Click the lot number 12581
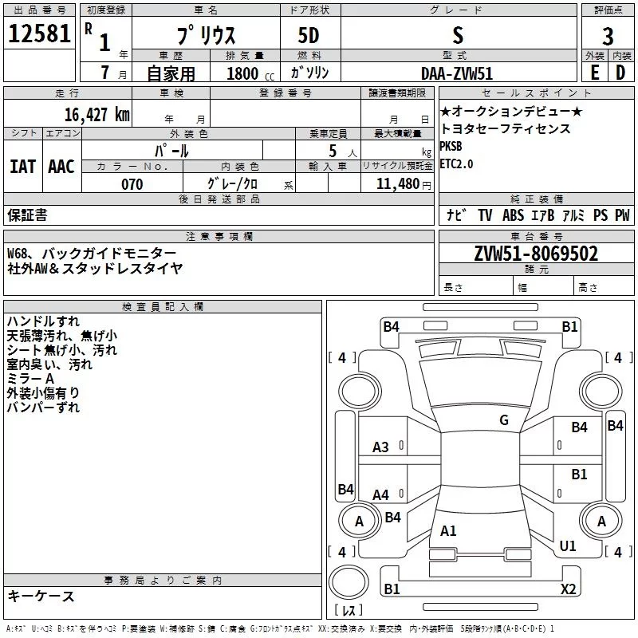click(40, 34)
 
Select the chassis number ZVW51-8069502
click(536, 254)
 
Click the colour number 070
click(132, 184)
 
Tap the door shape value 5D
click(308, 36)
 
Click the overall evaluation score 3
click(608, 36)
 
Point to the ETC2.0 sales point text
click(456, 163)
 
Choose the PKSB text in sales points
click(451, 147)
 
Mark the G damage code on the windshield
click(503, 420)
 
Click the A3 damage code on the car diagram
click(381, 447)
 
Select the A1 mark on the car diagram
click(448, 530)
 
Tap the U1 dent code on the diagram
click(568, 546)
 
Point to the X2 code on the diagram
click(568, 589)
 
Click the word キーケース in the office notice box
click(41, 597)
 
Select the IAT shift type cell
click(22, 167)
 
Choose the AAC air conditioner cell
click(61, 167)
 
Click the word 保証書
click(27, 215)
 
